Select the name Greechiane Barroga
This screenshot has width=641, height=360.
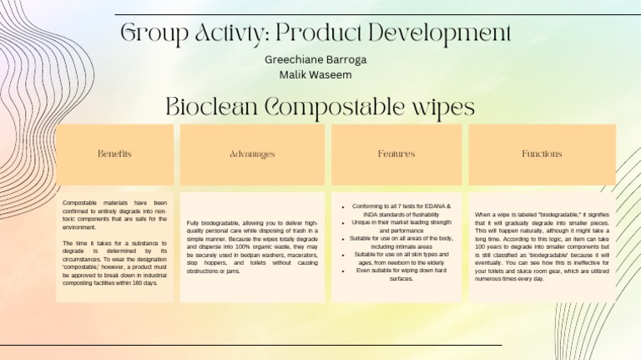[315, 59]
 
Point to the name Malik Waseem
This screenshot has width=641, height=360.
[315, 74]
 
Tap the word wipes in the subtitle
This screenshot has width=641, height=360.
[439, 108]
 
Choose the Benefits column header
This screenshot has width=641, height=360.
[114, 155]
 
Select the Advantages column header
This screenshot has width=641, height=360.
[252, 155]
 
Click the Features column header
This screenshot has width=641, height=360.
[396, 155]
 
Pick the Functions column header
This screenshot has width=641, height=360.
[542, 155]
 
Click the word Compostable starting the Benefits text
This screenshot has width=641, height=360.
[81, 202]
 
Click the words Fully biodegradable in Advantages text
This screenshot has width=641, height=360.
[217, 224]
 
